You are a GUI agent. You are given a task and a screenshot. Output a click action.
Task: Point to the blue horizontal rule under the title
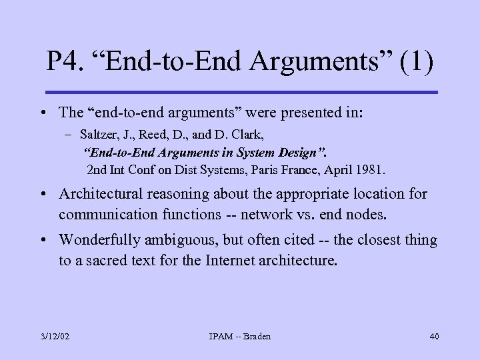pyautogui.click(x=241, y=92)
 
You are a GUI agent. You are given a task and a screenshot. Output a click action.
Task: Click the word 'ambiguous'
pyautogui.click(x=185, y=240)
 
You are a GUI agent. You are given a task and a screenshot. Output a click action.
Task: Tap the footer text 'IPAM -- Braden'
pyautogui.click(x=240, y=337)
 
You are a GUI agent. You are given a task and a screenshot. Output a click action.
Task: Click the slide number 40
pyautogui.click(x=434, y=337)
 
